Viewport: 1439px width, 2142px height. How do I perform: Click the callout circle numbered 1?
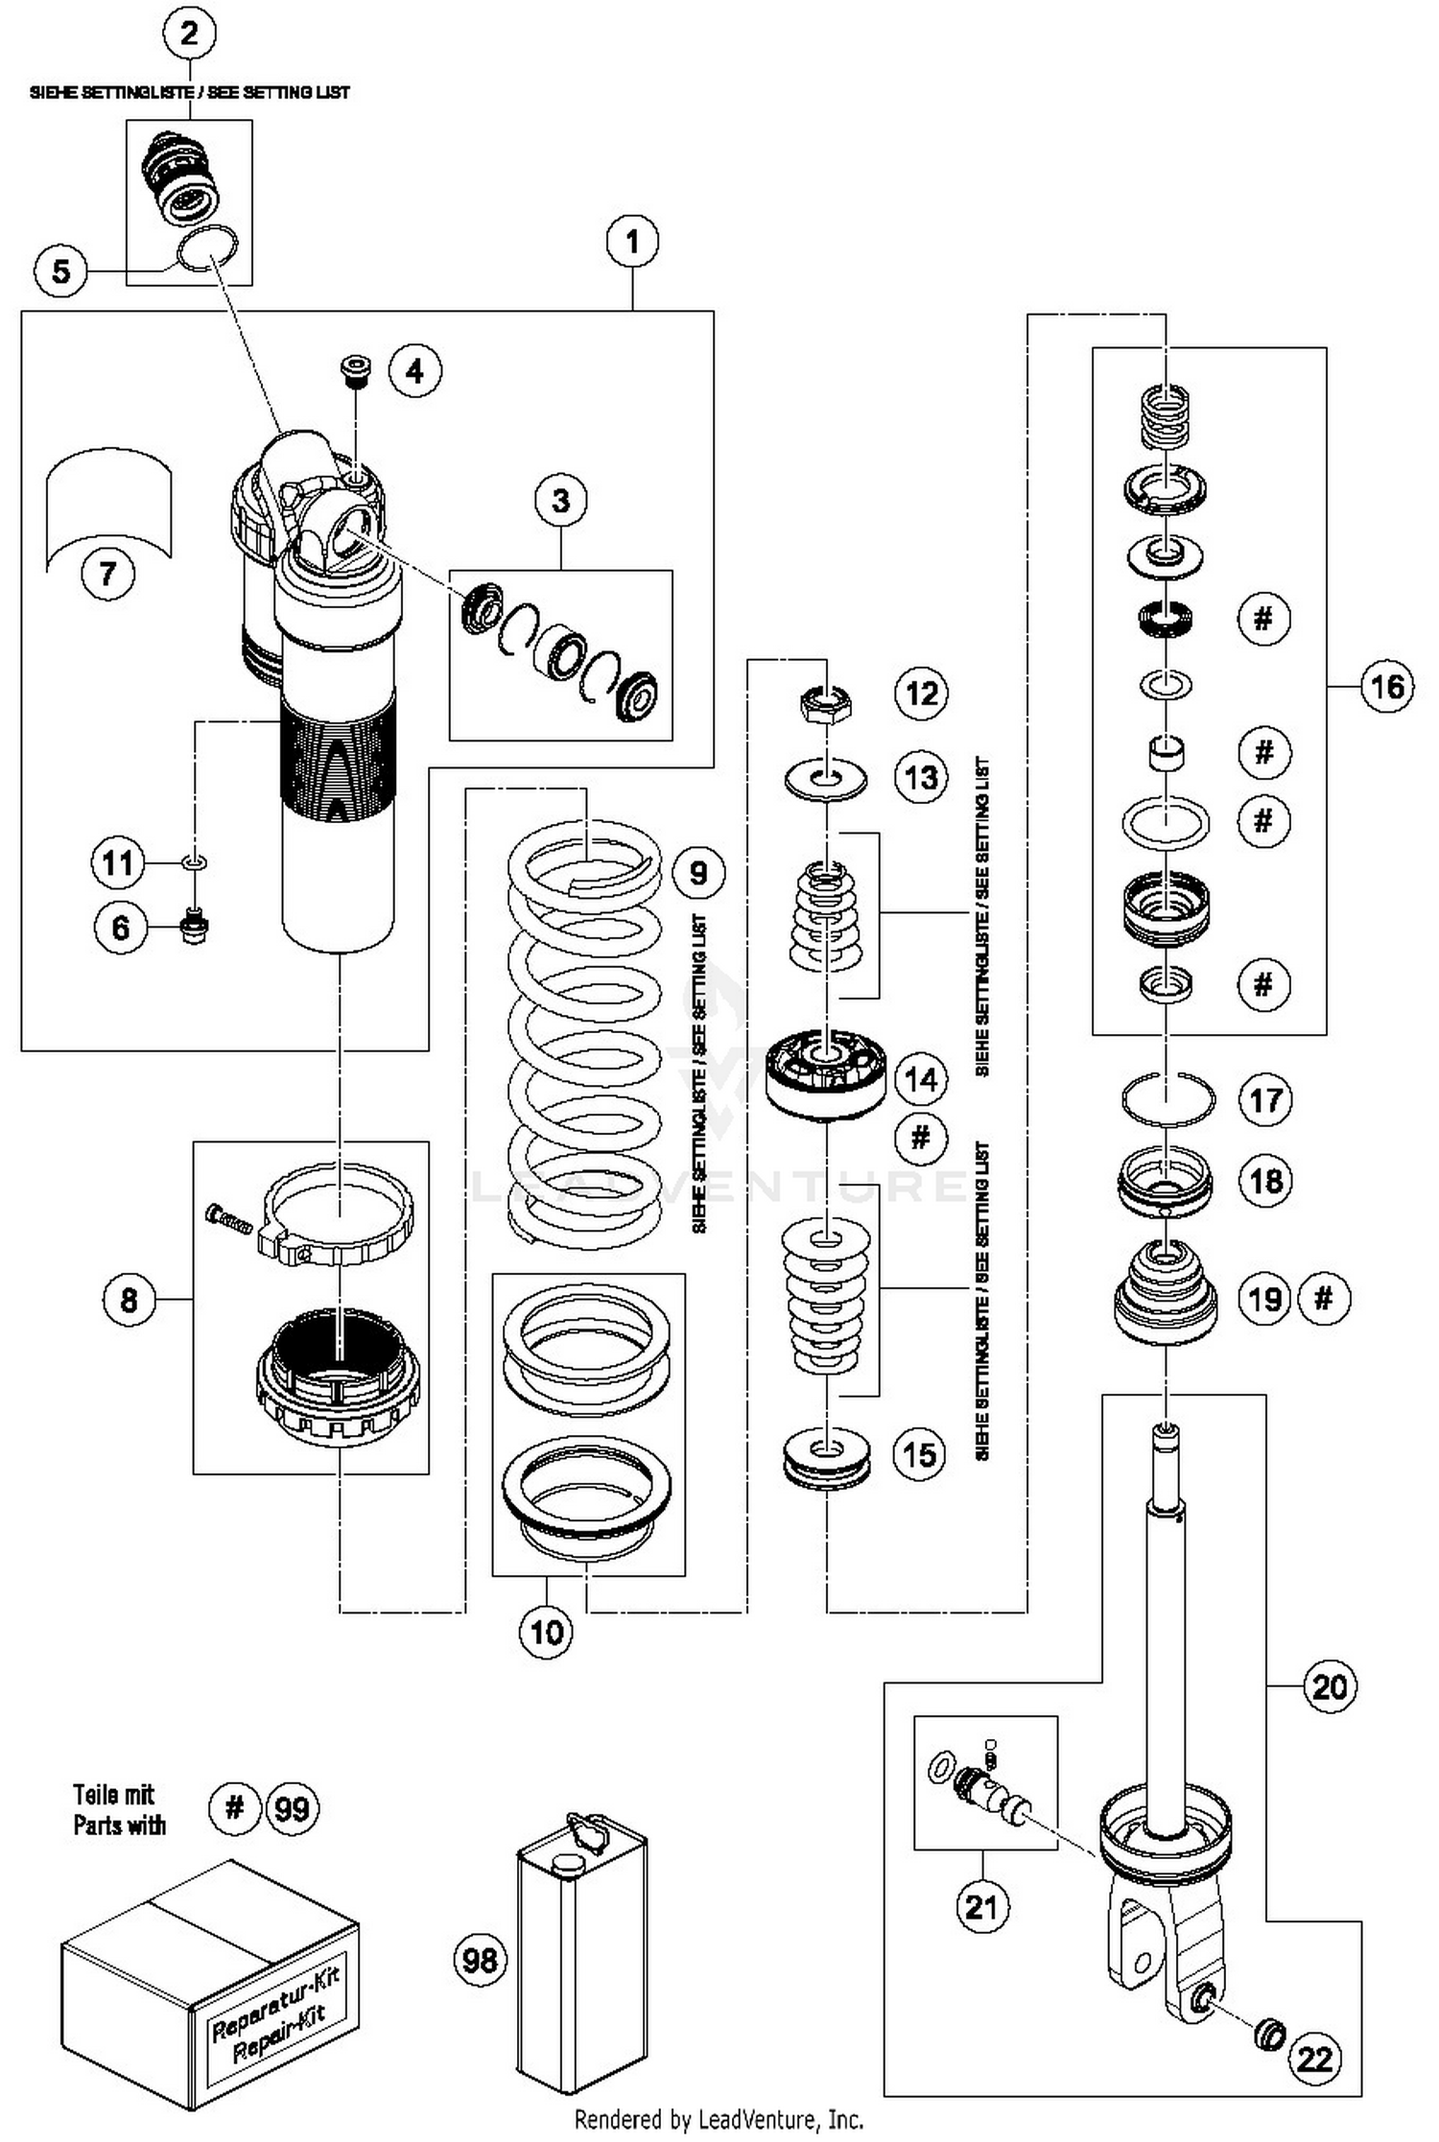coord(632,241)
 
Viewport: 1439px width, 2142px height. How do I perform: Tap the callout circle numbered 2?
coord(189,34)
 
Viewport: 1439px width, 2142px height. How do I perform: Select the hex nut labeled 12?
coord(825,706)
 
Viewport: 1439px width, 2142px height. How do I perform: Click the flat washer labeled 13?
coord(825,776)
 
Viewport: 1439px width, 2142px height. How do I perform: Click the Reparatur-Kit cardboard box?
coord(210,1986)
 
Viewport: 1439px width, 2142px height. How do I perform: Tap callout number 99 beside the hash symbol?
coord(292,1808)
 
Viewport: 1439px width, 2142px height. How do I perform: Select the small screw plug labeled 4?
coord(356,371)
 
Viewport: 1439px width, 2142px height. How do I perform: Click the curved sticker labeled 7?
coord(108,506)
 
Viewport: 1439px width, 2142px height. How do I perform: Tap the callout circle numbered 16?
coord(1387,687)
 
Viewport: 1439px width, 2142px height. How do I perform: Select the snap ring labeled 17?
coord(1168,1099)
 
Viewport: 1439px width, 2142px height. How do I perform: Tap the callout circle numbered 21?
coord(982,1905)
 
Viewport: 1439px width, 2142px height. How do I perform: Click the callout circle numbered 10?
coord(546,1631)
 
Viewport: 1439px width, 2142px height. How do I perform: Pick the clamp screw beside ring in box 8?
coord(228,1220)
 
